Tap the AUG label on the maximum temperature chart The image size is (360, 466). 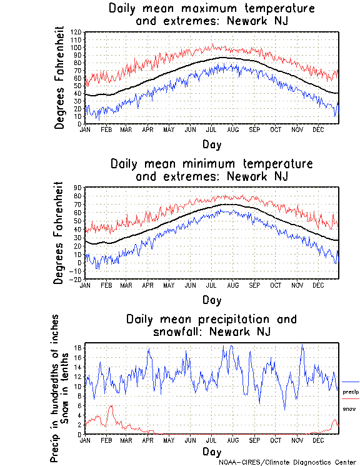[232, 129]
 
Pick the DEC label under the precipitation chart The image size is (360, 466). [319, 440]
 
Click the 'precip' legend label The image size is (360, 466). [351, 392]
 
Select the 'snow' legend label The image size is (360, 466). [349, 408]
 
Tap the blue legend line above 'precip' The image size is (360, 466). [350, 382]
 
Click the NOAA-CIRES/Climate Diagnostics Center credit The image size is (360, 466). [288, 462]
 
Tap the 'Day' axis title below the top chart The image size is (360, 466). [211, 143]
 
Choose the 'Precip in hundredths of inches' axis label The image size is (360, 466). [55, 388]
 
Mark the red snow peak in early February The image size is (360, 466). [111, 406]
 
